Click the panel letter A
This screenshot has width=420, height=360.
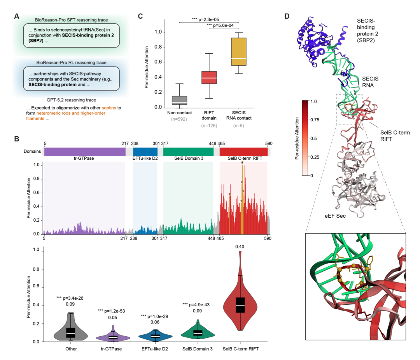[x=16, y=16]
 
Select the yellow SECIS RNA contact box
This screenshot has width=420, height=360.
[x=238, y=51]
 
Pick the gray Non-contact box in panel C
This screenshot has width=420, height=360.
[x=179, y=100]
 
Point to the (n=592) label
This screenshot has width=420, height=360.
[x=179, y=119]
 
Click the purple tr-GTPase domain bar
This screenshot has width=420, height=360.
[x=84, y=151]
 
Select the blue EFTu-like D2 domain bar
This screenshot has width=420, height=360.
[x=145, y=151]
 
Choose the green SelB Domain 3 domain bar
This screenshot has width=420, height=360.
[x=188, y=151]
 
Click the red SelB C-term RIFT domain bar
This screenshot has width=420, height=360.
[x=243, y=151]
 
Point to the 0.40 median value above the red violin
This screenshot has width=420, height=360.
[x=240, y=246]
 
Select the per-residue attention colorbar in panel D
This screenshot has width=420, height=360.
[x=304, y=138]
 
